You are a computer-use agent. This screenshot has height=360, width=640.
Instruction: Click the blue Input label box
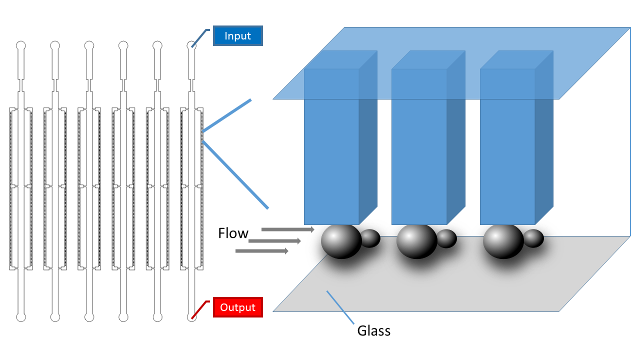238,36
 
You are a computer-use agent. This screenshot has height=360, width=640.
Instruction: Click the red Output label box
238,307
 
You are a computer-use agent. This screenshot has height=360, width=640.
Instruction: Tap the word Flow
233,233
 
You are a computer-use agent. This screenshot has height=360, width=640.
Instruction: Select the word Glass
373,330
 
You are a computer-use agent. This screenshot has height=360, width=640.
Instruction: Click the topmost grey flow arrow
287,229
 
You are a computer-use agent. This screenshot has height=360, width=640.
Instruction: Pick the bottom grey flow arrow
261,251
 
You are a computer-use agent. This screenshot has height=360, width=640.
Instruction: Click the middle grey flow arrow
274,241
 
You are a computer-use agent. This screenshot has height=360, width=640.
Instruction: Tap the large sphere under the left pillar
341,241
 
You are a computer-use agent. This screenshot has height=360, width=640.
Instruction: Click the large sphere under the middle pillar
417,241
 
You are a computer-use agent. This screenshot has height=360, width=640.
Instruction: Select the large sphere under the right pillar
503,241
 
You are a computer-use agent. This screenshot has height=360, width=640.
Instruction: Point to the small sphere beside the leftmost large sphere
370,238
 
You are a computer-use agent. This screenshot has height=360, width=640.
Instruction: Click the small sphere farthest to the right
533,238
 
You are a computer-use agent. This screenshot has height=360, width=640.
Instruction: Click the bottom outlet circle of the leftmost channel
21,317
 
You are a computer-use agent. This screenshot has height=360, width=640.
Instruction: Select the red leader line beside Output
201,308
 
